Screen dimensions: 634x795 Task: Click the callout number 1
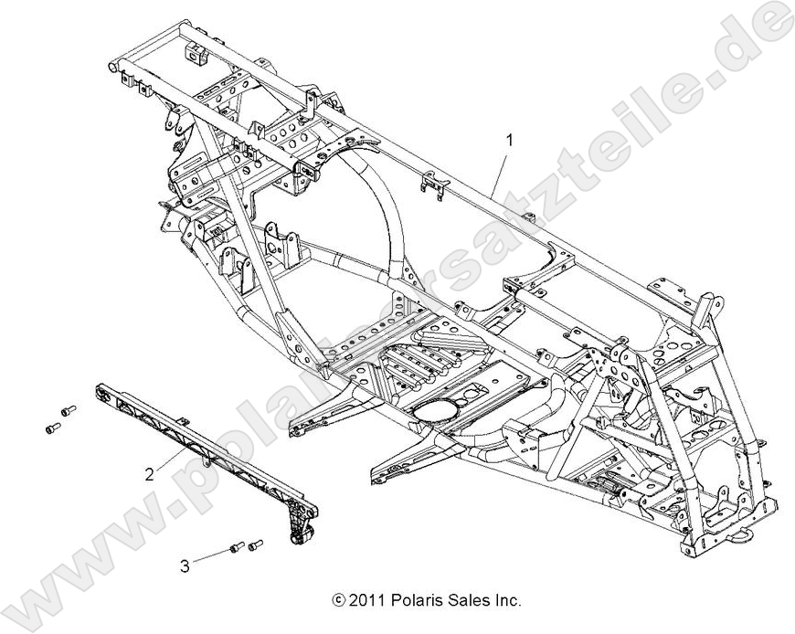coord(510,141)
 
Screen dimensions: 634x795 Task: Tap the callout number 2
coord(149,473)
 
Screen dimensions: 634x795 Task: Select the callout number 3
coord(185,566)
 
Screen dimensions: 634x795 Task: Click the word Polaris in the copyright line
coord(416,601)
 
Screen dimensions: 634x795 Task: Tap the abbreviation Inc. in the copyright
coord(506,601)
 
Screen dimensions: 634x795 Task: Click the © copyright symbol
coord(340,601)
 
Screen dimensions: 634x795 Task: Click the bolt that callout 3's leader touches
coord(238,548)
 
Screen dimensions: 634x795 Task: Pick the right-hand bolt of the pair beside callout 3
coord(256,544)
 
